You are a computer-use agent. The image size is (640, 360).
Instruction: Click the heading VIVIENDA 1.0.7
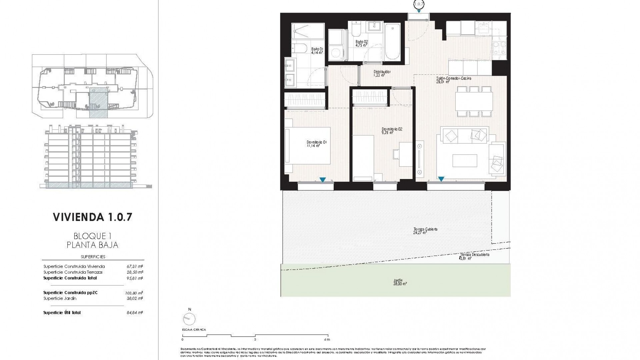coord(93,217)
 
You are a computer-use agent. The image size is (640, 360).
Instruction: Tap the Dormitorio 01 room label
coord(317,144)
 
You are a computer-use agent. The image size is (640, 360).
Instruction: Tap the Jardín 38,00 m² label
coord(400,282)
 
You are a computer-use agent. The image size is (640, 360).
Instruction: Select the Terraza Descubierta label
coord(474,256)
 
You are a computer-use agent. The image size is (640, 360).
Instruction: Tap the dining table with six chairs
coord(474,101)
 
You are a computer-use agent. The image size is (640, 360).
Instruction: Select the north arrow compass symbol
coord(189,319)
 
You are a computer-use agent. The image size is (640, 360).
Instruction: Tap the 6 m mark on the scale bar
coord(328,339)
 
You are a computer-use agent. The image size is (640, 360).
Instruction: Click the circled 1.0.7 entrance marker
coord(419,4)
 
